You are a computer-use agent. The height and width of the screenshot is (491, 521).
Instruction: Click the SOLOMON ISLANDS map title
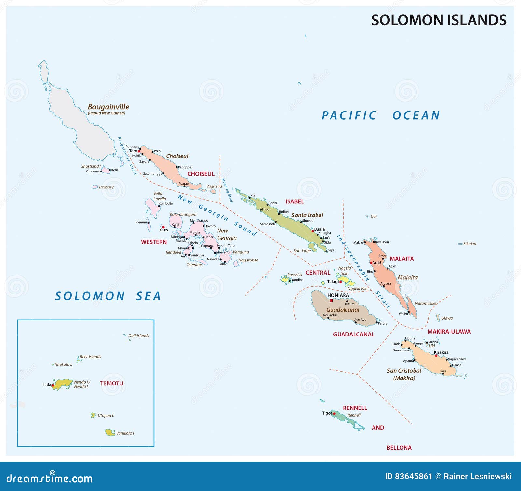click(439, 20)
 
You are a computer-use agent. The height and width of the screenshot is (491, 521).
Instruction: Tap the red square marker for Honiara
click(331, 300)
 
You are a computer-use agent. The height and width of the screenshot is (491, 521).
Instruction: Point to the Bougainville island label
click(108, 107)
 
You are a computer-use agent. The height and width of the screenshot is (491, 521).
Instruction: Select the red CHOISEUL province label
click(201, 174)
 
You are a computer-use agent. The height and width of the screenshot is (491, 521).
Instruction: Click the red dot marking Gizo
click(163, 227)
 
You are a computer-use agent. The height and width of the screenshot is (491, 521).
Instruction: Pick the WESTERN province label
click(154, 242)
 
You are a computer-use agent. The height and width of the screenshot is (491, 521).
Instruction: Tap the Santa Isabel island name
click(307, 215)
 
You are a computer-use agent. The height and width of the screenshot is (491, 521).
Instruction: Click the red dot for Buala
click(313, 231)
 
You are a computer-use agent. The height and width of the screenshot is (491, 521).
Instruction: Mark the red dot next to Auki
click(371, 263)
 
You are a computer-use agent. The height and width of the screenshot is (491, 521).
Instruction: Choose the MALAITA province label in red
click(401, 259)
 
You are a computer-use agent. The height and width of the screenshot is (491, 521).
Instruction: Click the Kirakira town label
click(441, 352)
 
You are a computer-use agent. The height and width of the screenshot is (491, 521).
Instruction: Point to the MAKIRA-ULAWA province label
click(449, 332)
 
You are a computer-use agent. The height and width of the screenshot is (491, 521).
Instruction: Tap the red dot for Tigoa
click(334, 414)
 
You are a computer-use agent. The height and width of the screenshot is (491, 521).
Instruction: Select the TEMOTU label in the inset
click(111, 383)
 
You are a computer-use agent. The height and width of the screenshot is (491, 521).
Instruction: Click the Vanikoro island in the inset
click(110, 433)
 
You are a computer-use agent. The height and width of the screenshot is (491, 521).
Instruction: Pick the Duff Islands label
click(138, 335)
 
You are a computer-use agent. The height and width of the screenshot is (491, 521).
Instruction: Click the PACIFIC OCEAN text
click(381, 115)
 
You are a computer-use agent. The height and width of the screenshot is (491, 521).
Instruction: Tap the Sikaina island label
click(470, 244)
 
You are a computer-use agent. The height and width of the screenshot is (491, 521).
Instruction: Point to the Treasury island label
click(106, 187)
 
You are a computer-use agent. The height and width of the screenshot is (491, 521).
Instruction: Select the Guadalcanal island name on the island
click(343, 310)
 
